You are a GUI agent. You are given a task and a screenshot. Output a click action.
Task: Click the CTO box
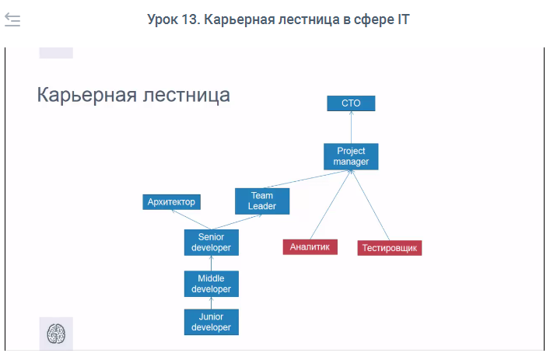pos(351,103)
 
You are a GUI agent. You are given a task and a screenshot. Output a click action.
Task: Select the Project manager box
pos(351,156)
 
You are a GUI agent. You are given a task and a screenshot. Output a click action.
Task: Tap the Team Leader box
pos(262,201)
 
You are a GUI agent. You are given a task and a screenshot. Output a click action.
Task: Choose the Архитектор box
pos(171,202)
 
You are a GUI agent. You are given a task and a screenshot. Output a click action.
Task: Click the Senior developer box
pos(211,243)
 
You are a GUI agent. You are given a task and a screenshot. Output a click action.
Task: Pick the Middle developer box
pos(211,284)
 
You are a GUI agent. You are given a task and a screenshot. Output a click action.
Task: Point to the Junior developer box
pos(211,322)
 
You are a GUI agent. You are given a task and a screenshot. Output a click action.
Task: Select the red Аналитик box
pos(310,246)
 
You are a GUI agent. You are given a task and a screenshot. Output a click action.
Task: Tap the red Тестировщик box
pos(389,248)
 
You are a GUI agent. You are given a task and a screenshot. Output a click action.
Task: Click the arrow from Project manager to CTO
pos(351,128)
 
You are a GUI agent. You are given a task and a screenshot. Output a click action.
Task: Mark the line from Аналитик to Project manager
pos(330,204)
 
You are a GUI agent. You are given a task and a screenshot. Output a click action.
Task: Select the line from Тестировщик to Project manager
pos(370,205)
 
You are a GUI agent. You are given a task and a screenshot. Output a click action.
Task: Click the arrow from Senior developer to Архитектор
pos(191,219)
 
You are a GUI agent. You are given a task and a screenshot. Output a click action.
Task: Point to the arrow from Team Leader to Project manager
pos(307,179)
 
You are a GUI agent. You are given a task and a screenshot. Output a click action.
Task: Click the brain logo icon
pos(56,334)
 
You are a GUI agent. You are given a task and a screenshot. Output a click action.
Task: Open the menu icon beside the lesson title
pos(12,19)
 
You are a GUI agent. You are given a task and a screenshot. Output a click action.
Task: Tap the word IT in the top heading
pos(404,19)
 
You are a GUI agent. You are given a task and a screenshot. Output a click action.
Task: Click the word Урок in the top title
pos(163,19)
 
